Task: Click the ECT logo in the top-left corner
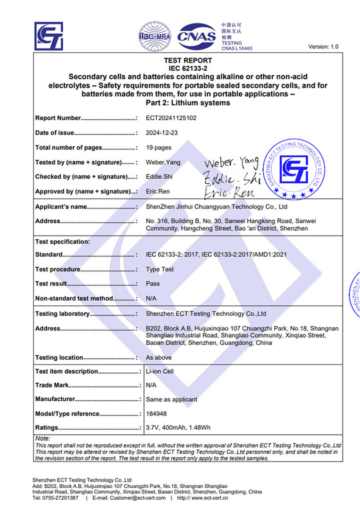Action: (49, 36)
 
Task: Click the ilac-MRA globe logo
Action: (154, 35)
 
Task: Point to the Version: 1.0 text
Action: (323, 47)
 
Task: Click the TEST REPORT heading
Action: (188, 60)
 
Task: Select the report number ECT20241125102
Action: (171, 118)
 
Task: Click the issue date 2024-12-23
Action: (161, 133)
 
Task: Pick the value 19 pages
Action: (158, 148)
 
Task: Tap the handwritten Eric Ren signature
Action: (229, 193)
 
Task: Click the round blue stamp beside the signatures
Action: (294, 169)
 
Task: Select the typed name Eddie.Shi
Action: (159, 177)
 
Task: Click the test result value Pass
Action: (153, 284)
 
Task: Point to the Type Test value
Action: (160, 269)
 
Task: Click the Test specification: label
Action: (63, 242)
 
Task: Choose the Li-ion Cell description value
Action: (160, 371)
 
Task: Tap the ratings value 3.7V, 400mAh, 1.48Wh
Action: (178, 428)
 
